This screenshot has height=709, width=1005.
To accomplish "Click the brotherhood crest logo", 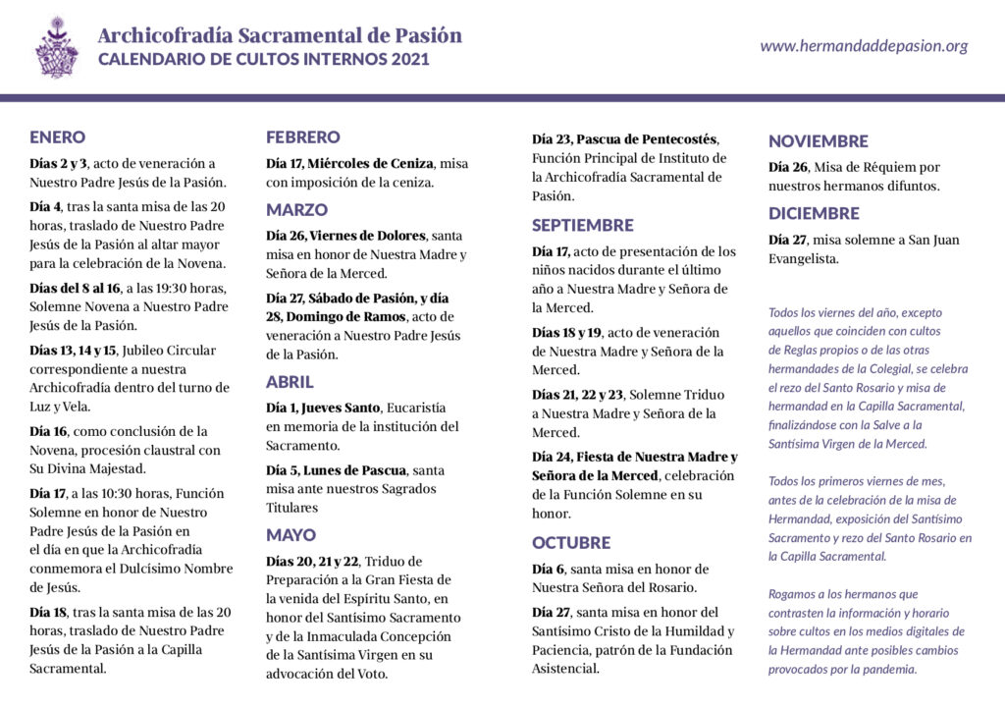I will pyautogui.click(x=56, y=47).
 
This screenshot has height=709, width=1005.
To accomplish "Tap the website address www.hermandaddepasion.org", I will pyautogui.click(x=864, y=46).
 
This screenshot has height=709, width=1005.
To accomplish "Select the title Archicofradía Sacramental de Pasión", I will pyautogui.click(x=280, y=35).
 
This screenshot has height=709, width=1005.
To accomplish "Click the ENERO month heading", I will pyautogui.click(x=57, y=137).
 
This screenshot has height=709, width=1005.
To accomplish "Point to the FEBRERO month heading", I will pyautogui.click(x=303, y=137).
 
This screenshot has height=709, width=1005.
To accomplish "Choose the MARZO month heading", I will pyautogui.click(x=296, y=210).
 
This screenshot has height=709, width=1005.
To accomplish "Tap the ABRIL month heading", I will pyautogui.click(x=290, y=382).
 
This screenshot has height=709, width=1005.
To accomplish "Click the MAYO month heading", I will pyautogui.click(x=291, y=535).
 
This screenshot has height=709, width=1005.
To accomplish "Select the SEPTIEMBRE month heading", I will pyautogui.click(x=583, y=225).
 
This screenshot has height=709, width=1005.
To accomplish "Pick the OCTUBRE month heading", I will pyautogui.click(x=571, y=543).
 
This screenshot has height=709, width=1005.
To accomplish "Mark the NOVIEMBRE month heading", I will pyautogui.click(x=818, y=141).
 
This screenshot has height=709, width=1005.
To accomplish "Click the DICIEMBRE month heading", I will pyautogui.click(x=814, y=213).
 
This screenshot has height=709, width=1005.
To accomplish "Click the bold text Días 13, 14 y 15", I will pyautogui.click(x=73, y=351).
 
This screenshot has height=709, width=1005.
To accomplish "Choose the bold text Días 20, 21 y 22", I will pyautogui.click(x=313, y=561).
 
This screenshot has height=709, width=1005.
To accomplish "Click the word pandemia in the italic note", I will pyautogui.click(x=887, y=670).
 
